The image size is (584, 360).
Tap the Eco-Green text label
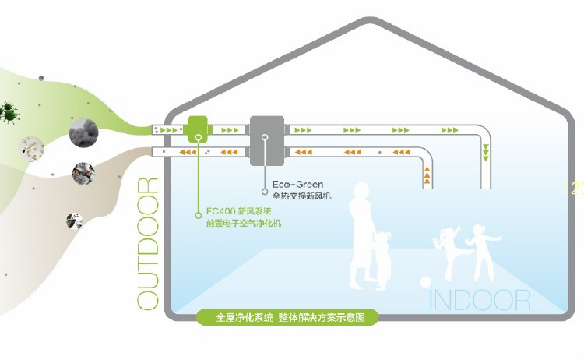pyautogui.click(x=297, y=185)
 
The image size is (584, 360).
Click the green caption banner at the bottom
pyautogui.click(x=286, y=317)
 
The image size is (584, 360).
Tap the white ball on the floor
pyautogui.click(x=427, y=282)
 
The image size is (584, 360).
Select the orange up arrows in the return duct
pyautogui.click(x=427, y=177)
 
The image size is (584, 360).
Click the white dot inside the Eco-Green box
pyautogui.click(x=266, y=138)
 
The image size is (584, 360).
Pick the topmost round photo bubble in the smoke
pyautogui.click(x=83, y=132)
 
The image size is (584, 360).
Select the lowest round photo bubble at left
pyautogui.click(x=75, y=221)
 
